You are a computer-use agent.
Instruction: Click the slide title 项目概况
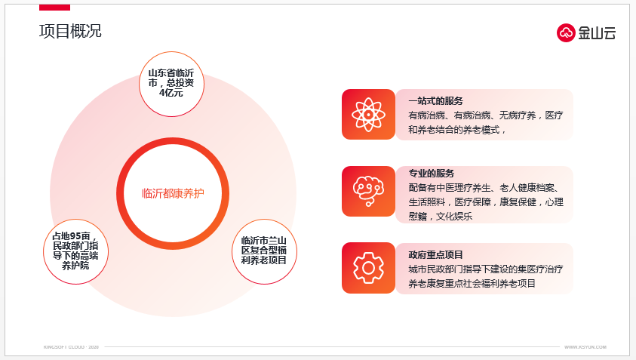point(70,31)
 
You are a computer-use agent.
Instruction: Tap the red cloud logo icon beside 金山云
point(566,33)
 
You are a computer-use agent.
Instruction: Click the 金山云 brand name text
point(597,33)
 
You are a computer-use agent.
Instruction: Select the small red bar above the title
point(54,8)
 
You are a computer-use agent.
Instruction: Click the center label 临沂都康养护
point(173,193)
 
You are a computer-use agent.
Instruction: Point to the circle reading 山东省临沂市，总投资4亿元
point(171,84)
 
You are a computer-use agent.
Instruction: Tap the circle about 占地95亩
point(75,251)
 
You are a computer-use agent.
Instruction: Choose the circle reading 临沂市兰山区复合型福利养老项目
point(264,251)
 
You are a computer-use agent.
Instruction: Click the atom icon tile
point(368,115)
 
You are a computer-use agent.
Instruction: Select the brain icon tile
point(368,191)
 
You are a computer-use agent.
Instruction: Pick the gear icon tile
point(368,268)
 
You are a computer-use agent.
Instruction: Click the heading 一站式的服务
point(435,101)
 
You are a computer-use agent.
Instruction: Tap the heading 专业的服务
point(431,174)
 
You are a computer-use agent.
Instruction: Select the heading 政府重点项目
point(435,255)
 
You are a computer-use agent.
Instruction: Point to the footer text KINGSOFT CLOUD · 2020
point(71,347)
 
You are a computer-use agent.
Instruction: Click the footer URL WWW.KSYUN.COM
point(585,347)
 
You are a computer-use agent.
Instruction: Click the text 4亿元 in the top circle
point(171,93)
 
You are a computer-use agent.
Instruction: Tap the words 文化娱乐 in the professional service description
point(454,217)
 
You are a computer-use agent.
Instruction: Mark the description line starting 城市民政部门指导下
point(486,269)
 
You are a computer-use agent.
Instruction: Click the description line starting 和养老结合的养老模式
point(456,130)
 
